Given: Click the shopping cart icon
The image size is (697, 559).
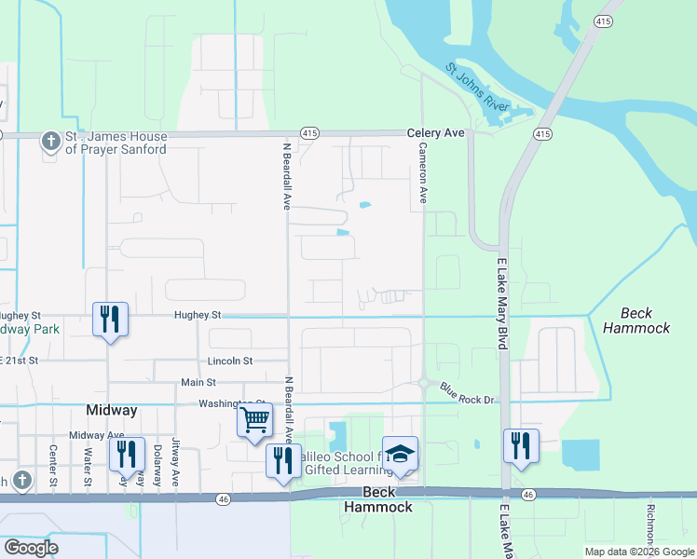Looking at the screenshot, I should (x=254, y=421).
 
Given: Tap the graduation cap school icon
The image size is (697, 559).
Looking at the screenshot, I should (x=400, y=455).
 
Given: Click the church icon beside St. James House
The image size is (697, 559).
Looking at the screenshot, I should (x=49, y=143).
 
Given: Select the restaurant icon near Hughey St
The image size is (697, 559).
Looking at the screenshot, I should (x=110, y=320).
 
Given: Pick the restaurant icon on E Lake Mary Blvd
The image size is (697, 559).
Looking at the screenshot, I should (x=521, y=445).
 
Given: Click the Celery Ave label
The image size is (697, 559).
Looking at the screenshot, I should (x=435, y=133).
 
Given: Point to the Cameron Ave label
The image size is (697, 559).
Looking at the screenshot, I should (x=423, y=173).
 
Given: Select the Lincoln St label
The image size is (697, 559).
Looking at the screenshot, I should (x=229, y=361).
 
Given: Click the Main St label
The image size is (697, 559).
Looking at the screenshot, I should (x=198, y=382).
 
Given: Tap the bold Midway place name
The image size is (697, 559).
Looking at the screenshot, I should (x=112, y=410).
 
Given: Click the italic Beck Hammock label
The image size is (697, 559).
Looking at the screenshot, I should (x=635, y=320).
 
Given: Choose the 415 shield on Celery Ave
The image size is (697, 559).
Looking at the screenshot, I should (x=310, y=134).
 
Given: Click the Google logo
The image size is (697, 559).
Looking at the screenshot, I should (x=32, y=548).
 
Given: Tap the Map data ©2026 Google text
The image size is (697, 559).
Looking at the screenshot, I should (x=638, y=552).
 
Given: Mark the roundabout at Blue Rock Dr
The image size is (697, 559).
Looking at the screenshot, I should (x=423, y=382).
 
